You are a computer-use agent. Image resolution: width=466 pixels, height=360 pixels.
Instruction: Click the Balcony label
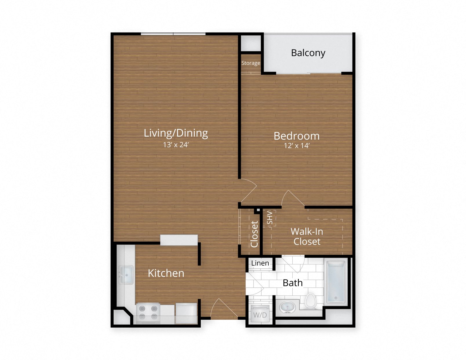(308, 53)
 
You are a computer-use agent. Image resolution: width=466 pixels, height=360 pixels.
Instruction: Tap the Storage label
(251, 63)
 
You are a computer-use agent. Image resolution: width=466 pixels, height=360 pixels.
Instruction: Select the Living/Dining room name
(176, 133)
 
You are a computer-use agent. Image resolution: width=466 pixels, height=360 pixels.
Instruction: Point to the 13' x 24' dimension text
(176, 145)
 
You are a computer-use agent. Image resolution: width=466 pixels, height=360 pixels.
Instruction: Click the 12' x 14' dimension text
(296, 146)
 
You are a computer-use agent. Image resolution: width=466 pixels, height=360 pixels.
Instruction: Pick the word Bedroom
(296, 136)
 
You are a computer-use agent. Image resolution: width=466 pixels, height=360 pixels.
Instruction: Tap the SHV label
(270, 218)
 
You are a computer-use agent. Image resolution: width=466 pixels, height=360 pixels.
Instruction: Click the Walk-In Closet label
(307, 236)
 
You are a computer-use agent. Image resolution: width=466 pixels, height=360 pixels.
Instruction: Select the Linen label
(260, 263)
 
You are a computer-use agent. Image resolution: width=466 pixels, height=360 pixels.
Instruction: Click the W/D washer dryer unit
(260, 315)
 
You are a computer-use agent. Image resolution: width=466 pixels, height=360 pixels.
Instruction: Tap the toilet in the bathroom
(310, 301)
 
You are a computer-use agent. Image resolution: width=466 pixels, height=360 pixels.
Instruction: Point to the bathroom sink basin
(287, 307)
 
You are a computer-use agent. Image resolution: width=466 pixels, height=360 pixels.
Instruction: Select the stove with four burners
(148, 313)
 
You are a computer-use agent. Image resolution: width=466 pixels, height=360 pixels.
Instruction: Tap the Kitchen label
(166, 273)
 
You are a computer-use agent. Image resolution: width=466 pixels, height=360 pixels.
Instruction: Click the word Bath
(293, 283)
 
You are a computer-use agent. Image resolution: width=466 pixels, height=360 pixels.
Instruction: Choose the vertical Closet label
(254, 234)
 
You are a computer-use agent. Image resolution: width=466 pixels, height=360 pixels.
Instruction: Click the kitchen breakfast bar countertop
(179, 240)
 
